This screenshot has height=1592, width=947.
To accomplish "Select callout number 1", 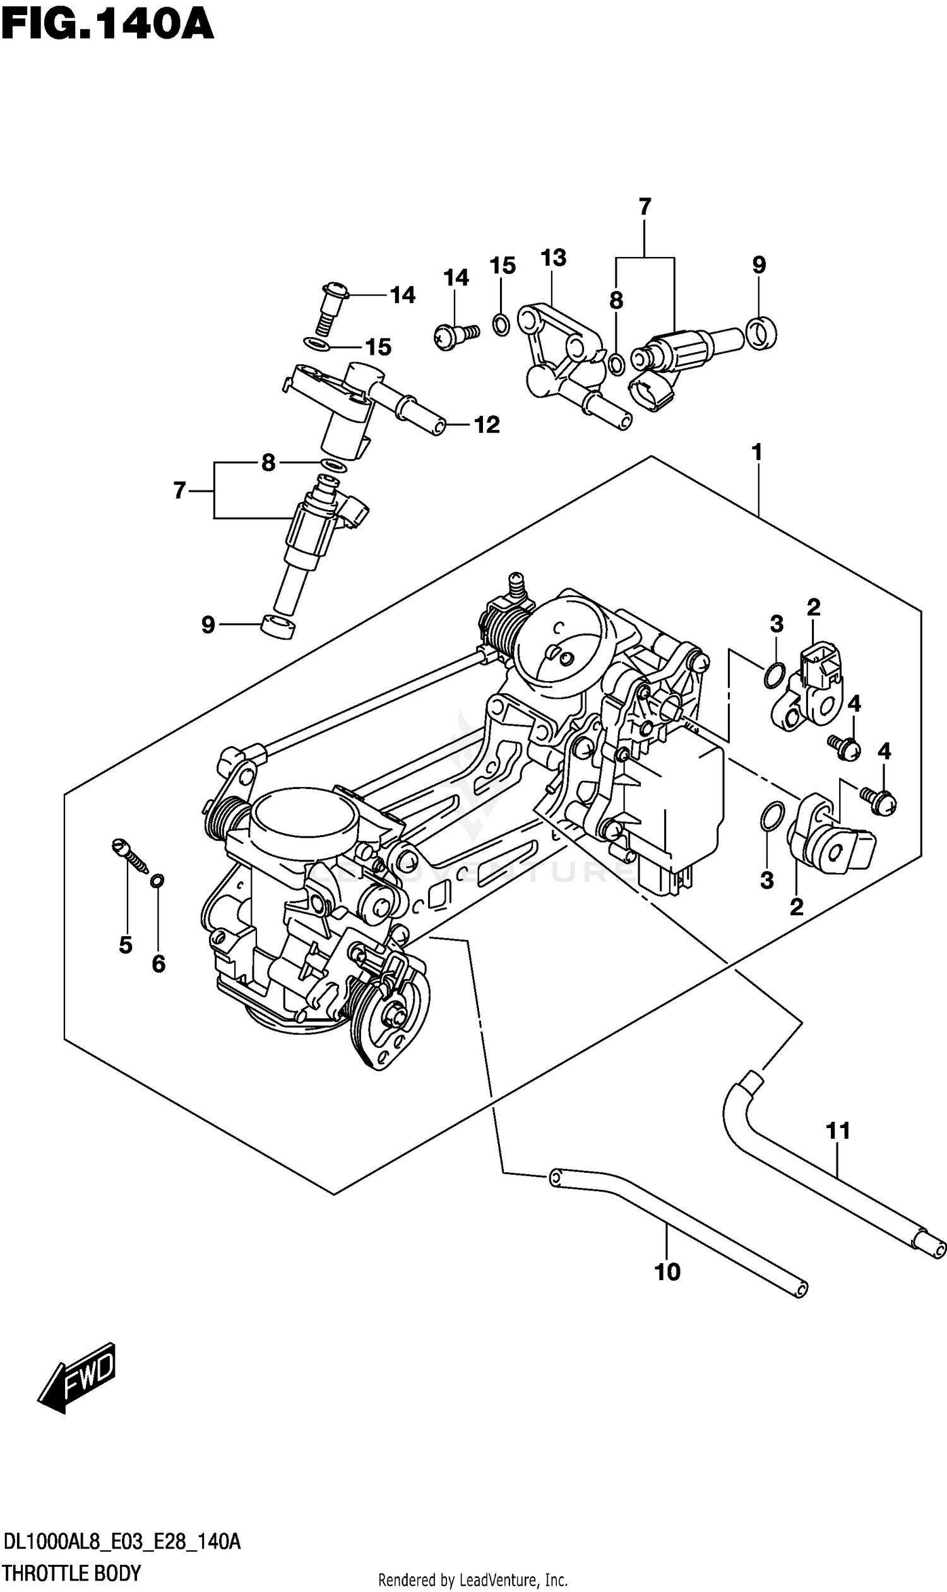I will coord(757,453).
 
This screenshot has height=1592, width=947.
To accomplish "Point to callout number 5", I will coord(126,944).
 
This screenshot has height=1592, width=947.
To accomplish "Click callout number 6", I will coord(158,963).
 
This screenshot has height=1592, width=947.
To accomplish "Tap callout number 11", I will coord(838,1131).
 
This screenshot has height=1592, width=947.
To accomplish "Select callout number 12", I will coord(486,424).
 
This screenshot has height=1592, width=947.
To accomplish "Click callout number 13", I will coord(552,258).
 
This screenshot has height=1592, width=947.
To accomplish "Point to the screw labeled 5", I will coord(130,856).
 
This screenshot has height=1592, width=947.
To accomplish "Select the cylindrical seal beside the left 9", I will coord(279,627).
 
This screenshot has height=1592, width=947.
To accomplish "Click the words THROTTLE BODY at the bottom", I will coord(71,1574).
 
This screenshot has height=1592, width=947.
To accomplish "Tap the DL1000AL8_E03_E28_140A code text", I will coord(121,1543).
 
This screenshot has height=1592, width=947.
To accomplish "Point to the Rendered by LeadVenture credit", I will coord(473,1580).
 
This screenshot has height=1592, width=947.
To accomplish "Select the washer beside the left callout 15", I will coord(317,345).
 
